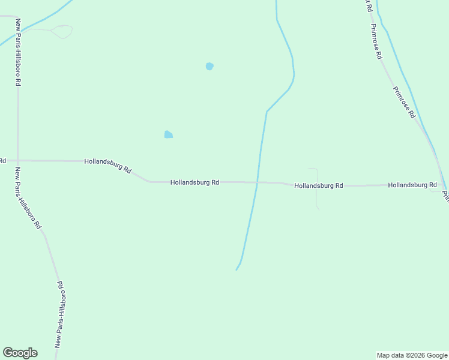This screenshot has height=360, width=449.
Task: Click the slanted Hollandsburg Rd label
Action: (x=108, y=166)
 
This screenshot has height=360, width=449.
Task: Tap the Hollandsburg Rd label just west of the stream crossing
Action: (x=194, y=182)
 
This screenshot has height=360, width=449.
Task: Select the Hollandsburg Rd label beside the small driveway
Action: (x=318, y=186)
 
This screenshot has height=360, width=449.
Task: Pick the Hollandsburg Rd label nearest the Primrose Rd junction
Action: (x=412, y=185)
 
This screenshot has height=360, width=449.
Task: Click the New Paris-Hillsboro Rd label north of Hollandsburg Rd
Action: (x=19, y=52)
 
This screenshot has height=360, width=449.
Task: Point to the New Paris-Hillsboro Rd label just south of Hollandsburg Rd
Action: (x=28, y=198)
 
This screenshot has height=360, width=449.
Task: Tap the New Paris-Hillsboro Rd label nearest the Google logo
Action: (x=60, y=314)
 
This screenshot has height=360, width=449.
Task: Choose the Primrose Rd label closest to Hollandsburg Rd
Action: (x=404, y=102)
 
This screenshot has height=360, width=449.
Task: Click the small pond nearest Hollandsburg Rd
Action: (x=169, y=134)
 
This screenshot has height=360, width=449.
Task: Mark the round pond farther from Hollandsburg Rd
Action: (x=209, y=66)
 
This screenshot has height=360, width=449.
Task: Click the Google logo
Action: (x=20, y=353)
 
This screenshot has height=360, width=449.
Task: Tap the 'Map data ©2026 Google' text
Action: (x=412, y=355)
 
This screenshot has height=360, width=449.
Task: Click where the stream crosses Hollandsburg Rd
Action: (x=258, y=182)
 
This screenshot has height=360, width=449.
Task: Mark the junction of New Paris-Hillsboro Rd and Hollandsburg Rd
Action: (x=17, y=161)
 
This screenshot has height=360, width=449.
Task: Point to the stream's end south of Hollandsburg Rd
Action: (x=237, y=269)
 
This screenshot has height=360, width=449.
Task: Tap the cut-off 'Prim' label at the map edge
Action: (x=445, y=196)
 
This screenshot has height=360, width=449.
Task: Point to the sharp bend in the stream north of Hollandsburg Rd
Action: (x=267, y=111)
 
